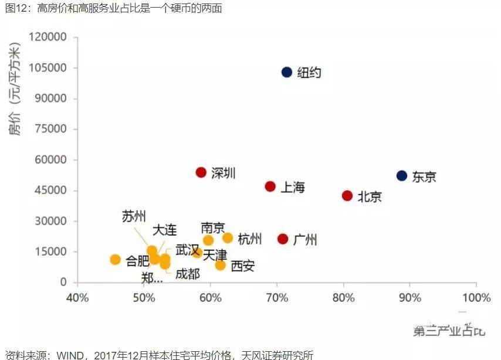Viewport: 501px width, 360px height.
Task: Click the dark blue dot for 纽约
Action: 286,72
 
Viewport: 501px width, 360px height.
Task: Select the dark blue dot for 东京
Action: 402,176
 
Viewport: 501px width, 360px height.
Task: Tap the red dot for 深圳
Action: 201,172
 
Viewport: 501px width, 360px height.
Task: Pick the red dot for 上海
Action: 270,186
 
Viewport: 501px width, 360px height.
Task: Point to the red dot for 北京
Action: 347,196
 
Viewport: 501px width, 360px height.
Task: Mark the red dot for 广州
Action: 283,239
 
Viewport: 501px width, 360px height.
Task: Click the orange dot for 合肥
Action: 115,260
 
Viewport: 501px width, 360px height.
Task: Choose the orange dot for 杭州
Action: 228,238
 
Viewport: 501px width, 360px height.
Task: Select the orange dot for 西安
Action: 220,265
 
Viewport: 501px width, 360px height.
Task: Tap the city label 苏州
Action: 134,216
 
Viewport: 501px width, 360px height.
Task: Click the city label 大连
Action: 164,230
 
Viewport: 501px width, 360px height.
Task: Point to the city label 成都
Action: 188,274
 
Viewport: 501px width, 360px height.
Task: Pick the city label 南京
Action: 212,227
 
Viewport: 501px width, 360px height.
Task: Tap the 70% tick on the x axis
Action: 277,298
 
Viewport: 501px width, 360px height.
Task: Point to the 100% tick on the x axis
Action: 476,298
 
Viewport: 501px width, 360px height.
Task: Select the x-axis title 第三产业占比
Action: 449,331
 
